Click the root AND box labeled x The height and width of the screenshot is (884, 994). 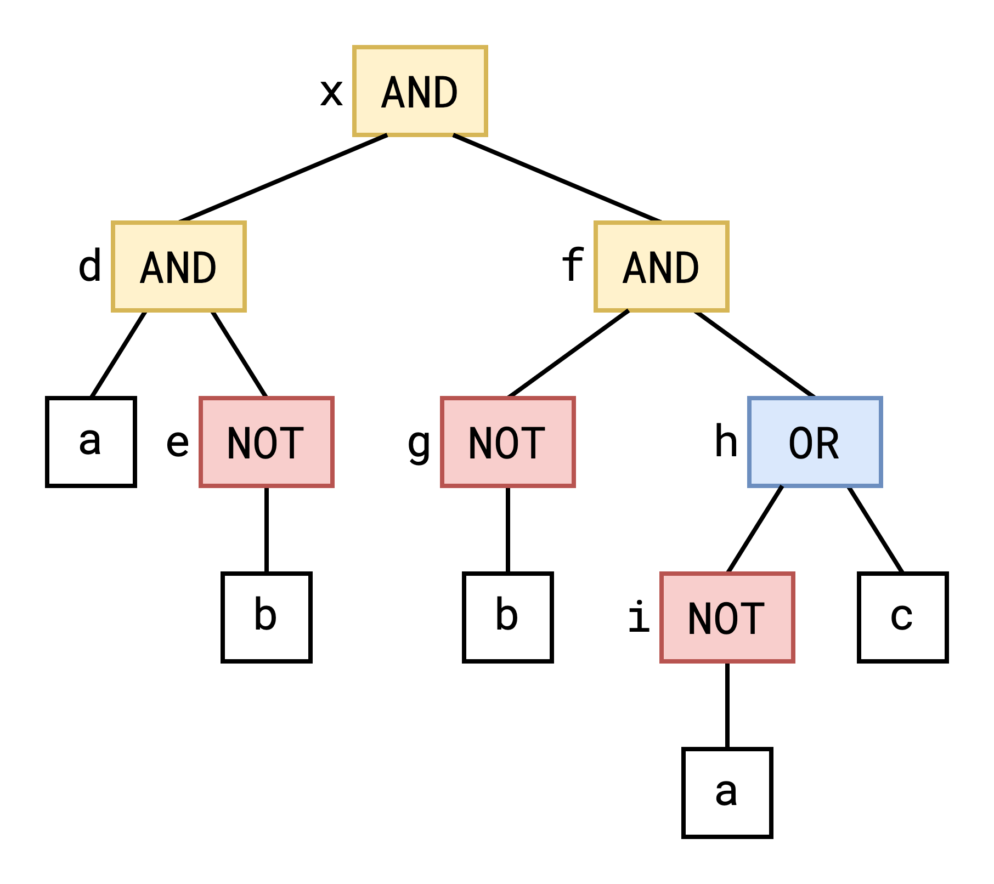[420, 91]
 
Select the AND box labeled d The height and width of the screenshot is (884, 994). [178, 267]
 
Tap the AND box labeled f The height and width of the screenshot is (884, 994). [661, 267]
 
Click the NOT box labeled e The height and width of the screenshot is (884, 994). [266, 442]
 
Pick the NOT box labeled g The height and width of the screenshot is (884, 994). [507, 442]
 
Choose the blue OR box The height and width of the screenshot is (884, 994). [815, 442]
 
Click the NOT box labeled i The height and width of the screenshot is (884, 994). [727, 617]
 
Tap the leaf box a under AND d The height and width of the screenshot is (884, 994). [91, 442]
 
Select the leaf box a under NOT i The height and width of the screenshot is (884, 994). [727, 793]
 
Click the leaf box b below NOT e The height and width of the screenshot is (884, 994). [266, 617]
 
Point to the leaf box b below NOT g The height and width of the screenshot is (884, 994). [507, 617]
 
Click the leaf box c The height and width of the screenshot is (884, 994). [902, 617]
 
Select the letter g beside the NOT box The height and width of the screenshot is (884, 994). [419, 444]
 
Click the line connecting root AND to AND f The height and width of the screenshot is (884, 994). [557, 178]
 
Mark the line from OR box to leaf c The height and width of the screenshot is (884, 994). [875, 529]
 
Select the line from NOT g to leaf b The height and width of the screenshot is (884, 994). [507, 530]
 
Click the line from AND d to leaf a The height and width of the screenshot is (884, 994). [118, 354]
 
